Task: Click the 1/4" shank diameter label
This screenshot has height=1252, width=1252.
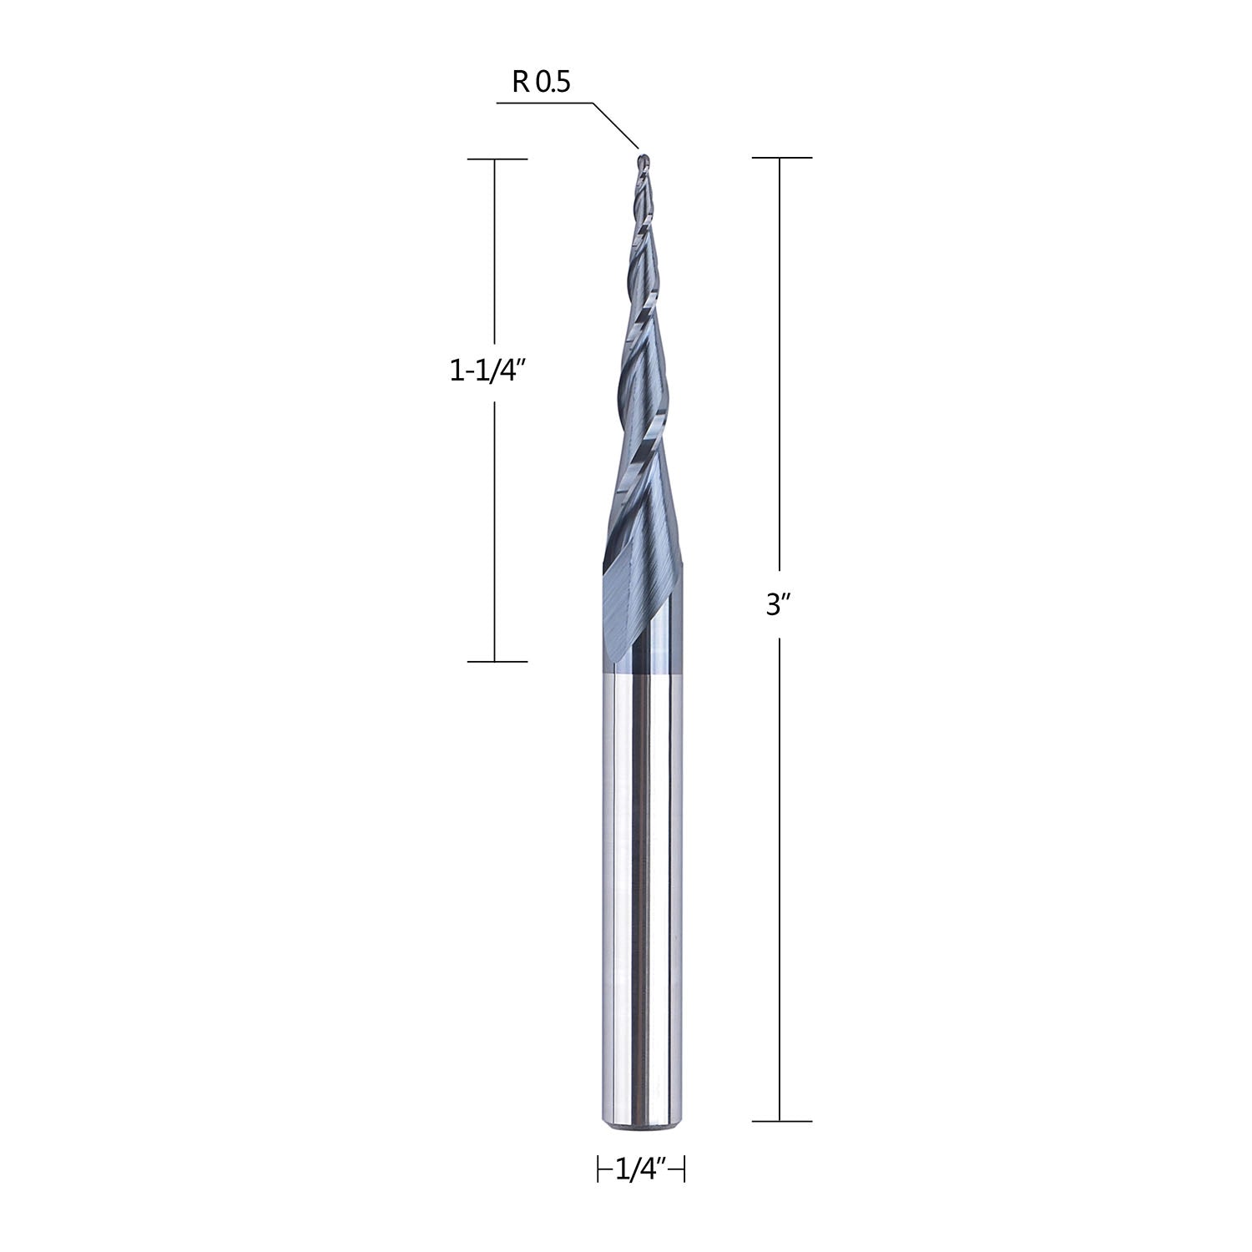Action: tap(642, 1170)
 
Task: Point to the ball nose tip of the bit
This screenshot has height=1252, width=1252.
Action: tap(643, 157)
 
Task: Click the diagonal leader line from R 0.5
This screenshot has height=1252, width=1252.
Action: tap(615, 125)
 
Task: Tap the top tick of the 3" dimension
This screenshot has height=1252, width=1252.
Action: tap(781, 157)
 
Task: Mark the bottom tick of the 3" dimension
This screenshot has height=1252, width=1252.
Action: tap(781, 1120)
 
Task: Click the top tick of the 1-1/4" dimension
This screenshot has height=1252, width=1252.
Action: tap(497, 159)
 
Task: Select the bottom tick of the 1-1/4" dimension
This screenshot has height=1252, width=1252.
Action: tap(497, 661)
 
